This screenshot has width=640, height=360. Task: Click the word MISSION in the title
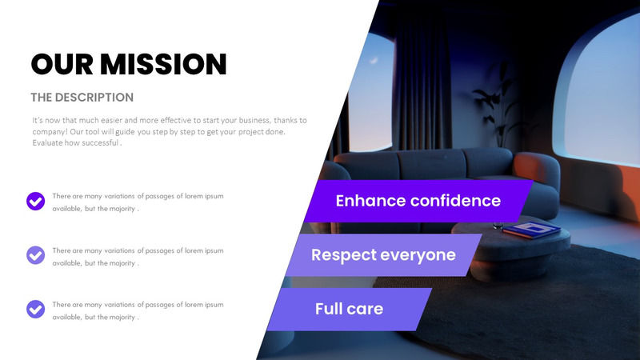[166, 63]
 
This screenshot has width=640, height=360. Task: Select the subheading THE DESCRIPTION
[82, 98]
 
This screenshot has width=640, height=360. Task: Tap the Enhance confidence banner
[418, 201]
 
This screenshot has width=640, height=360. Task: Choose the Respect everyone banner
[383, 255]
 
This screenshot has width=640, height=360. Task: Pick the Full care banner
[349, 309]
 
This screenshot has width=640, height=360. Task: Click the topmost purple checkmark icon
[35, 201]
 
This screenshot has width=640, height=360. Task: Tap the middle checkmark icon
[35, 255]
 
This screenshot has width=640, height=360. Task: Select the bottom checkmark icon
[35, 309]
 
